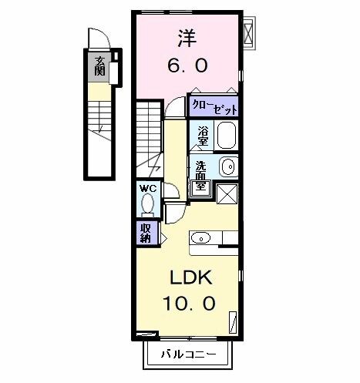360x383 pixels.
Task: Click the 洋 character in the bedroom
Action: coord(186,37)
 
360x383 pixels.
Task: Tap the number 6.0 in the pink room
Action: coord(187,66)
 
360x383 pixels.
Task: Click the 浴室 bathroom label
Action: coord(203,136)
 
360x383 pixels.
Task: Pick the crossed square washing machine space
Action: coord(227,194)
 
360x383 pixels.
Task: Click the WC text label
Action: coord(147,188)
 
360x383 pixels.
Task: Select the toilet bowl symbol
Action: coord(147,205)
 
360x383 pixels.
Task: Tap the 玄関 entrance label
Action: coord(100,67)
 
